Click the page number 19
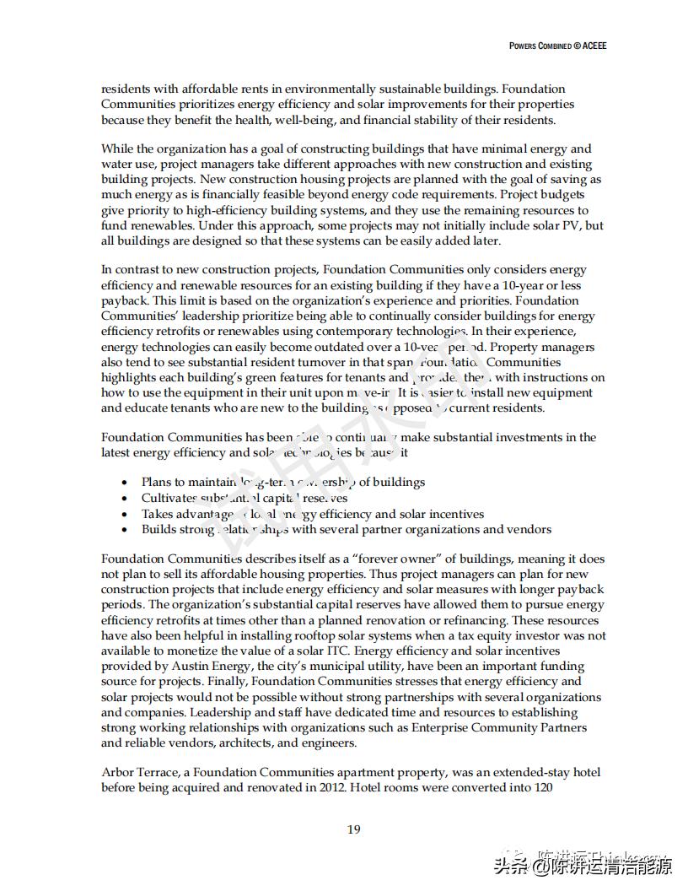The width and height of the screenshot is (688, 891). pyautogui.click(x=354, y=829)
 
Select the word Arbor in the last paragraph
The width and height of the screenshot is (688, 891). pyautogui.click(x=117, y=773)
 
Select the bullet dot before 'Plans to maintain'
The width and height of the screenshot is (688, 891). pyautogui.click(x=125, y=483)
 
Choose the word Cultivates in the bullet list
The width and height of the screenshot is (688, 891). pyautogui.click(x=169, y=498)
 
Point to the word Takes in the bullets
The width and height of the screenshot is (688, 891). pyautogui.click(x=158, y=514)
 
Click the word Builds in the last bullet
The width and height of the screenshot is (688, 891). pyautogui.click(x=159, y=530)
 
